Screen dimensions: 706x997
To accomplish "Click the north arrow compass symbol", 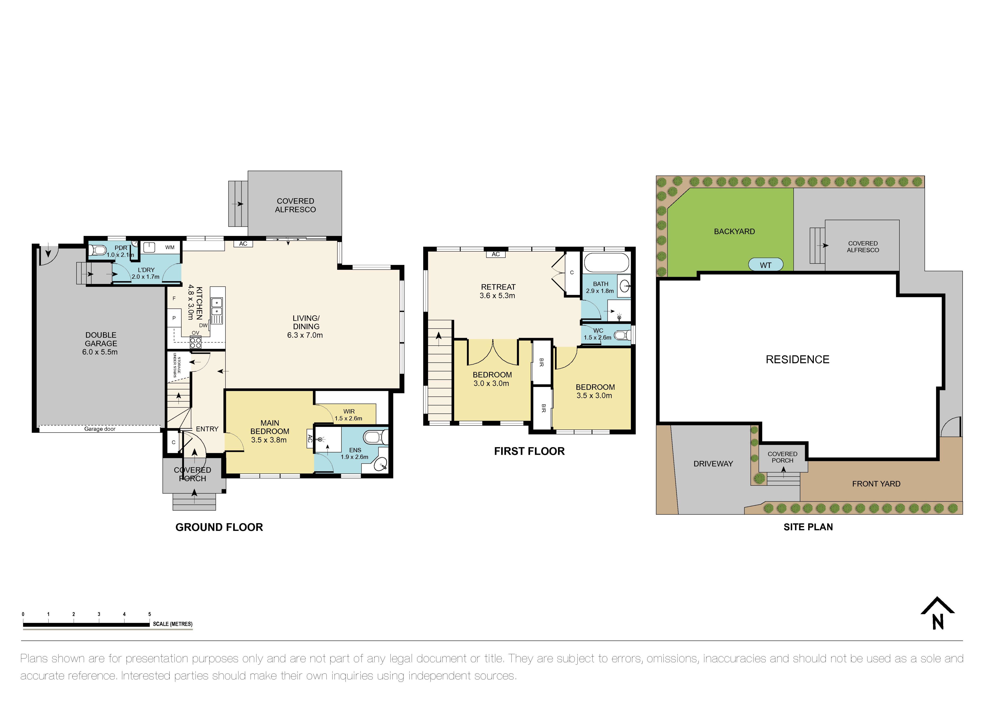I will (937, 614).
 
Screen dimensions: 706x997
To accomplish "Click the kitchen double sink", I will (217, 307).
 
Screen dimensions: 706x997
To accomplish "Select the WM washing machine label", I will (170, 247).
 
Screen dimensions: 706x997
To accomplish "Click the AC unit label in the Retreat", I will (496, 254).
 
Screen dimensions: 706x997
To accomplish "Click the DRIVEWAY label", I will (713, 464).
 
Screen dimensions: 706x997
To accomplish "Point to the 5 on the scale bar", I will (149, 614).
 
